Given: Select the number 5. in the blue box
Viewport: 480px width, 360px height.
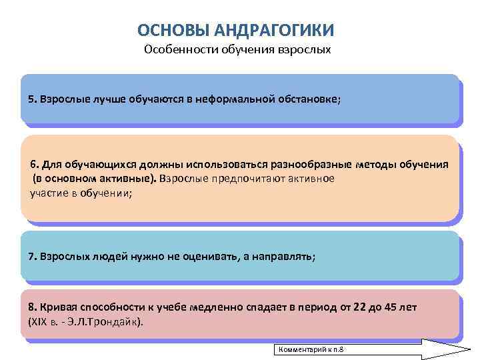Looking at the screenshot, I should tap(33, 99).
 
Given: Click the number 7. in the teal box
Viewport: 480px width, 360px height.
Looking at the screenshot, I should tap(33, 256).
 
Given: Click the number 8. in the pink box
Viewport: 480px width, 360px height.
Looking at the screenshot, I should tap(33, 307).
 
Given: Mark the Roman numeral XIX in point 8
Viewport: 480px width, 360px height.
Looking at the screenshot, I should tap(37, 321).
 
